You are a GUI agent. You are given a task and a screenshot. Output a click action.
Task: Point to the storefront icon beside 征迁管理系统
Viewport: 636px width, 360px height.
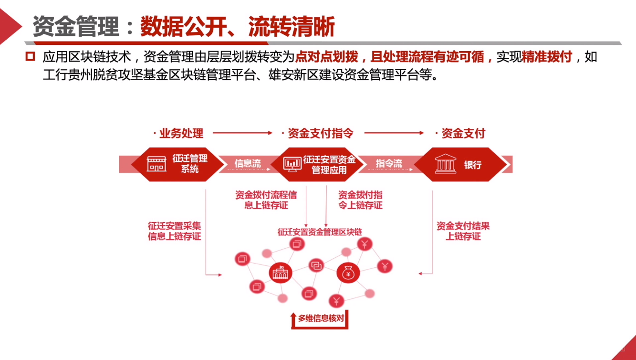[x=156, y=164]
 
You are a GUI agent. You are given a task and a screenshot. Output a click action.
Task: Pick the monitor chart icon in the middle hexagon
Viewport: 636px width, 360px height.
[x=292, y=164]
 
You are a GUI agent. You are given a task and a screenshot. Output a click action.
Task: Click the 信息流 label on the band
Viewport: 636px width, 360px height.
[x=248, y=163]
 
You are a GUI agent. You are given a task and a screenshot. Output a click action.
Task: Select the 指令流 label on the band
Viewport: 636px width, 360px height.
[x=389, y=163]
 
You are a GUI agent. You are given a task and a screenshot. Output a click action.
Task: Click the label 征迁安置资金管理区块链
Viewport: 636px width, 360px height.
[x=320, y=232]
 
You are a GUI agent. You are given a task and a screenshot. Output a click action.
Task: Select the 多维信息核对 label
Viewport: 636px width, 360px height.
[x=321, y=318]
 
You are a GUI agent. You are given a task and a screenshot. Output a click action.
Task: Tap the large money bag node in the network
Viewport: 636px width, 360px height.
[x=348, y=273]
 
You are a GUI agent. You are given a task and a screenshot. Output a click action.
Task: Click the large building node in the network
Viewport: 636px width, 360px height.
[x=280, y=273]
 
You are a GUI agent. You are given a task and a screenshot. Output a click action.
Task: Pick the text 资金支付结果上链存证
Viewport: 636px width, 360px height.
[x=463, y=231]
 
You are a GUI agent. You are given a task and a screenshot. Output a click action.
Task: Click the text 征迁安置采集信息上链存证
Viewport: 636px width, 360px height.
[x=174, y=231]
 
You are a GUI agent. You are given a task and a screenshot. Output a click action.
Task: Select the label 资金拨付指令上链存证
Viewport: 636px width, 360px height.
[x=360, y=201]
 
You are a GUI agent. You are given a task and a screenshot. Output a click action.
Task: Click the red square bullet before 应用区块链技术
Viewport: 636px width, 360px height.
[x=30, y=56]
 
